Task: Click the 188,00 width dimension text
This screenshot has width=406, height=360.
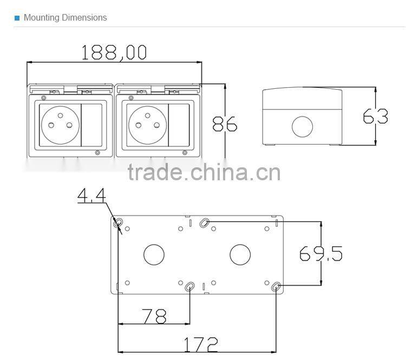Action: (x=114, y=52)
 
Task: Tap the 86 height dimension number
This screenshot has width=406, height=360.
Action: (x=224, y=124)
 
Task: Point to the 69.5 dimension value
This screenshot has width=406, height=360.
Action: (x=321, y=253)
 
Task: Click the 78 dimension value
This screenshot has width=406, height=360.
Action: (x=154, y=316)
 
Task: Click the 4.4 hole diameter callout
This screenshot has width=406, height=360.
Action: (x=91, y=195)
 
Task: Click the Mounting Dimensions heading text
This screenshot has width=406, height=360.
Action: (x=65, y=17)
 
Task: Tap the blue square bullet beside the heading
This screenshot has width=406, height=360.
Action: (x=17, y=18)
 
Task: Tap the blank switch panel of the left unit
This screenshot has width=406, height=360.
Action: (x=90, y=124)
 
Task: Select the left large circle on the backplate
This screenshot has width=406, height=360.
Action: (x=154, y=254)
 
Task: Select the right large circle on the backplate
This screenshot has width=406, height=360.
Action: (x=240, y=254)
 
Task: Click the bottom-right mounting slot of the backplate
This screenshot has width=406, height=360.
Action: (x=276, y=287)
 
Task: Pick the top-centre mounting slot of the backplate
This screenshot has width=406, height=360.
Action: (x=205, y=222)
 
